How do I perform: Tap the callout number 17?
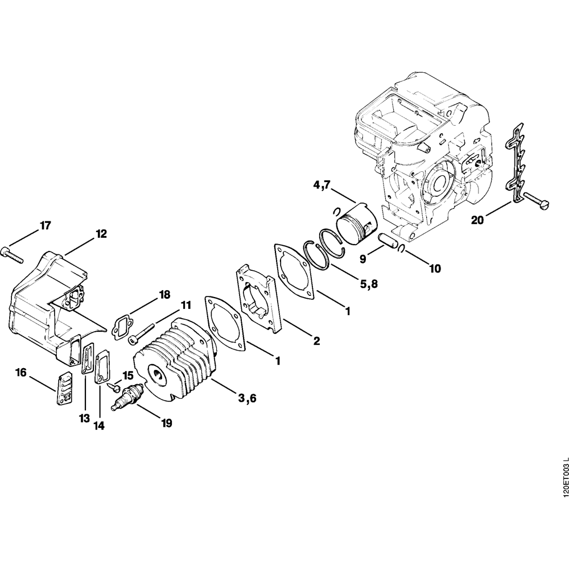(46, 226)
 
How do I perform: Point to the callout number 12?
(101, 234)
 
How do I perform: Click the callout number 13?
(84, 418)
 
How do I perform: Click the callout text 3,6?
(248, 399)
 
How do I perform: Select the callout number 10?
(434, 267)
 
